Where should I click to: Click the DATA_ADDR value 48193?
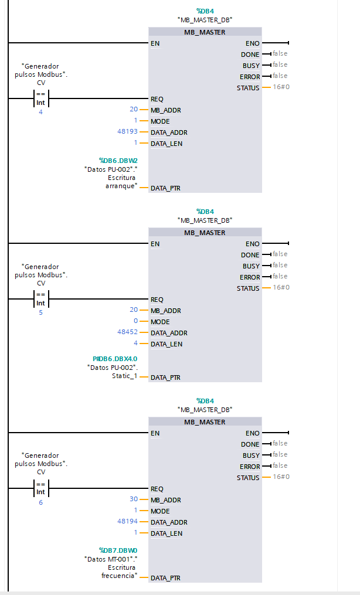point(127,132)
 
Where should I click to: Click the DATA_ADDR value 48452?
point(127,332)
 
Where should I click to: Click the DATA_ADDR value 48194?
point(127,521)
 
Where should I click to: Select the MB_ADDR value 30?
point(134,499)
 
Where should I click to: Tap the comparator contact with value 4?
point(40,98)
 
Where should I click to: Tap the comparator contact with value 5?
point(40,299)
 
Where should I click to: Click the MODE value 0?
point(135,321)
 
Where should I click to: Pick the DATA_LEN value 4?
point(135,344)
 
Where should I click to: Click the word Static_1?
point(124,376)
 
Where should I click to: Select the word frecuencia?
point(118,576)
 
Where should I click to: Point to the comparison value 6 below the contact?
point(40,502)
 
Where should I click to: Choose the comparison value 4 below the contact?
point(40,112)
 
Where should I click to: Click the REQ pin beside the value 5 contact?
point(157,300)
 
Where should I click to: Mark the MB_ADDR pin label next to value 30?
point(166,500)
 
